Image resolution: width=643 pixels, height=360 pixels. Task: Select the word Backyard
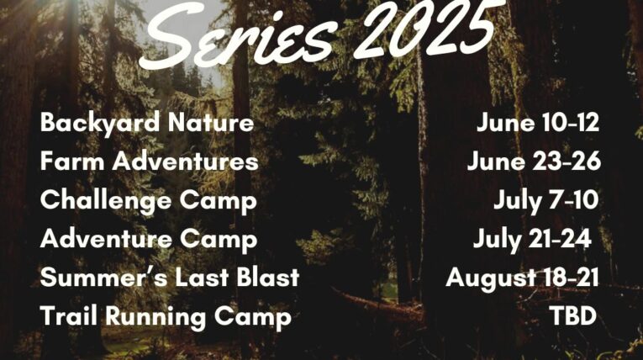pyautogui.click(x=100, y=123)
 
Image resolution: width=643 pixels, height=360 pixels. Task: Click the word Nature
pyautogui.click(x=211, y=122)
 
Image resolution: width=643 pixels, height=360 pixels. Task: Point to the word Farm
pyautogui.click(x=72, y=161)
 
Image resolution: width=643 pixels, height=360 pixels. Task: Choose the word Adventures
pyautogui.click(x=186, y=161)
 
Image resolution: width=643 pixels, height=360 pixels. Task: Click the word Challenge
pyautogui.click(x=105, y=201)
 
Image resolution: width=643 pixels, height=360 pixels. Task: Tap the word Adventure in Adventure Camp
pyautogui.click(x=106, y=239)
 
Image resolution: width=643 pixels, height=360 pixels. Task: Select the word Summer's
pyautogui.click(x=104, y=277)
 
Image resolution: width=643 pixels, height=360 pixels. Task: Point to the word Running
pyautogui.click(x=155, y=317)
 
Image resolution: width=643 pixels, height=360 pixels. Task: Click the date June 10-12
pyautogui.click(x=538, y=122)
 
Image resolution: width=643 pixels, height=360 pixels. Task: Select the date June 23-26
pyautogui.click(x=534, y=161)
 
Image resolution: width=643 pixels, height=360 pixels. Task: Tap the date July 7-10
pyautogui.click(x=545, y=201)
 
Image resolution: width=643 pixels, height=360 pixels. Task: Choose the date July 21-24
pyautogui.click(x=532, y=240)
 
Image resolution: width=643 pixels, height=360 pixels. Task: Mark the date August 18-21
pyautogui.click(x=522, y=278)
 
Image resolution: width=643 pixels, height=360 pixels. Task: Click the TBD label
pyautogui.click(x=573, y=316)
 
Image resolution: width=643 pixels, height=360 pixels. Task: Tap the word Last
pyautogui.click(x=202, y=277)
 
